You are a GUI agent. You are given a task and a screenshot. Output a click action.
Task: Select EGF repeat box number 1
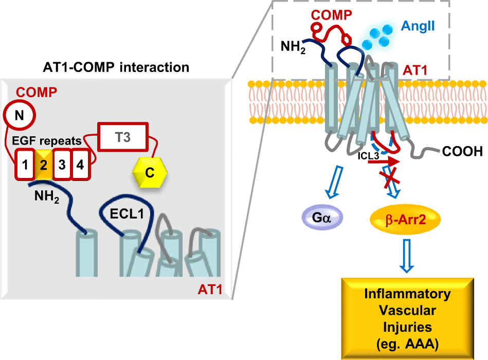point(24,165)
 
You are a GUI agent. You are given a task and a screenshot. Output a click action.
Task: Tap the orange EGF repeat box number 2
point(43,165)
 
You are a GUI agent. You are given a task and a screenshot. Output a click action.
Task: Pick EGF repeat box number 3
point(62,165)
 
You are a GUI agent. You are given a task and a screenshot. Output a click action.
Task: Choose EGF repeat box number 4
point(80,165)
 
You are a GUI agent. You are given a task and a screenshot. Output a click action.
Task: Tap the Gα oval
point(322,219)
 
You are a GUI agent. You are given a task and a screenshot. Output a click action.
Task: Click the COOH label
point(462,152)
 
